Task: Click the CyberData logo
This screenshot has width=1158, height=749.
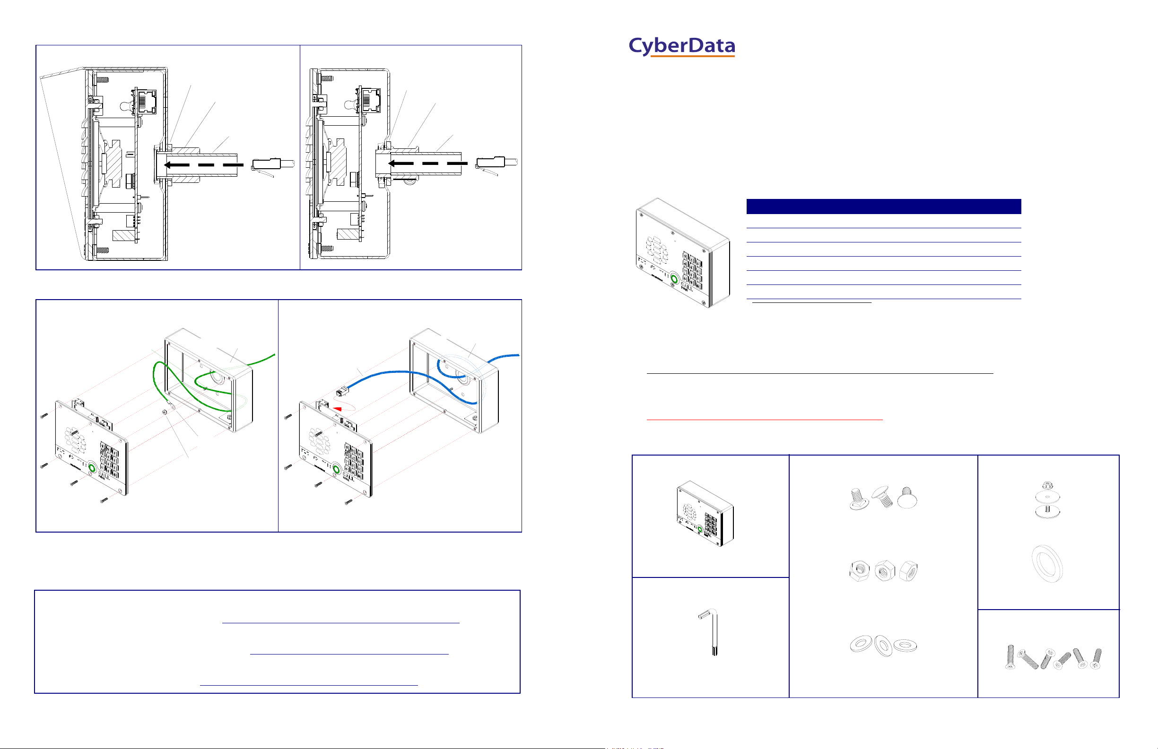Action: click(681, 47)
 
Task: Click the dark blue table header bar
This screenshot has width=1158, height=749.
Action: click(883, 206)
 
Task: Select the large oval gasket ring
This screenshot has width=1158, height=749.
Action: click(1047, 564)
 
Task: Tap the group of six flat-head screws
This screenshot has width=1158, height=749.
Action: click(1054, 658)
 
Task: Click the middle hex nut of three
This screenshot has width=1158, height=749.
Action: click(884, 571)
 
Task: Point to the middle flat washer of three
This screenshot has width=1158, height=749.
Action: click(883, 646)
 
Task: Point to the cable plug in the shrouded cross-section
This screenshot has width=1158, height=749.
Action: click(272, 164)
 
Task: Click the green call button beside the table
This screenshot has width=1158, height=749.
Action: click(674, 279)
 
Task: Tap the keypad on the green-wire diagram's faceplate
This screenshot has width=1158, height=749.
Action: click(110, 459)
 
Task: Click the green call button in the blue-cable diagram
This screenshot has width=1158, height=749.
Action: click(335, 469)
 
